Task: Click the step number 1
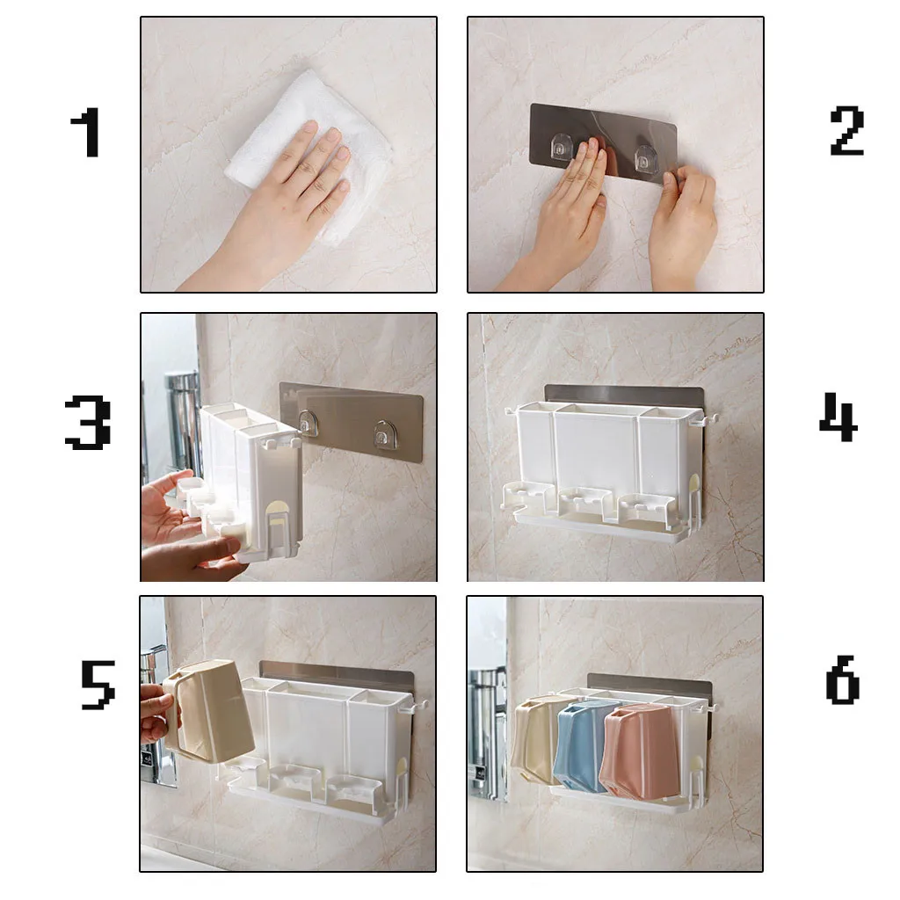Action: tap(85, 134)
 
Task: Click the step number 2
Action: tap(846, 131)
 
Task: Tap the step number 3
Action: tap(87, 423)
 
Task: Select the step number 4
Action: tap(837, 417)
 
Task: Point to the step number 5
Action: tap(97, 685)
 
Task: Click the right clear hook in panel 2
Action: tap(646, 158)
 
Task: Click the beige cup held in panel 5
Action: tap(211, 710)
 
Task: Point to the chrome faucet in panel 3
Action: tap(183, 422)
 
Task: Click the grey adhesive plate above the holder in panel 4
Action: tap(624, 394)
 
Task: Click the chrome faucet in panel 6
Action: tap(486, 729)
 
